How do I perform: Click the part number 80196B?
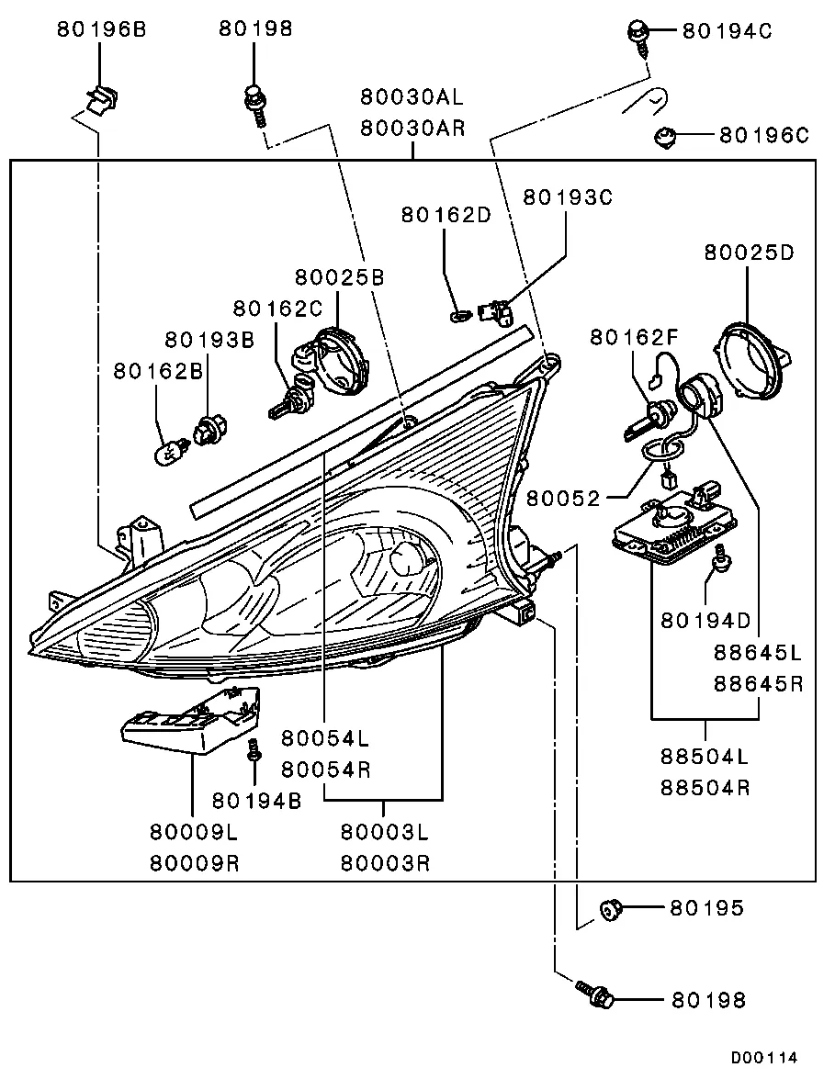[101, 29]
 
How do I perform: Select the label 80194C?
[727, 30]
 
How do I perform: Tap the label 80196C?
[763, 136]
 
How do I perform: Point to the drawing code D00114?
[764, 1058]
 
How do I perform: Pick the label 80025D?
[748, 252]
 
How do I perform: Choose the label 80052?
[563, 498]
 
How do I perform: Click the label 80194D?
[705, 621]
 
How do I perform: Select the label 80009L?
[194, 832]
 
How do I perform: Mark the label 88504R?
[705, 788]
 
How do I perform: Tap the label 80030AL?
[412, 96]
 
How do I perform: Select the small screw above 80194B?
[253, 749]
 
